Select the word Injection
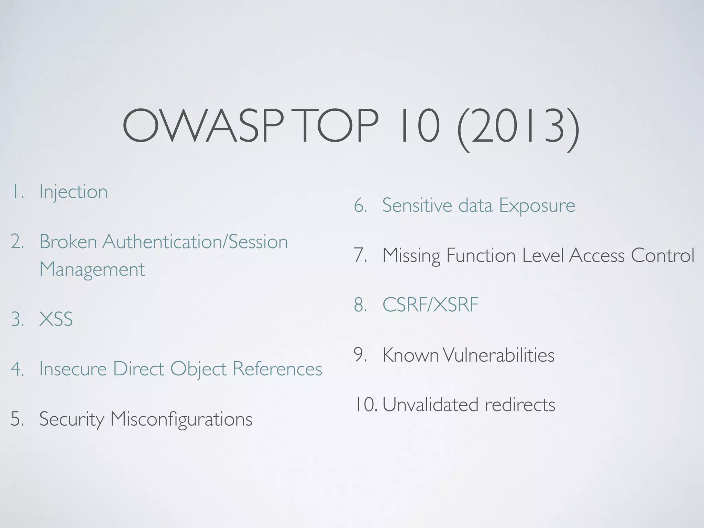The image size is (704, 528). pos(73,192)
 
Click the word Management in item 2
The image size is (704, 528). pos(92,269)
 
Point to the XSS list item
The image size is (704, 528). pos(56,319)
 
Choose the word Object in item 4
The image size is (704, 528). pos(198,369)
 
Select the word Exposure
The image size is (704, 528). pos(537,205)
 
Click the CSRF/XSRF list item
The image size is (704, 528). pos(430,305)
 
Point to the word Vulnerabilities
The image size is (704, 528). pos(498,355)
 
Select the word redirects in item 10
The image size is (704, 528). pos(520,405)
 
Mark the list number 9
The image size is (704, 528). pos(360,355)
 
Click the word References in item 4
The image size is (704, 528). pos(277,368)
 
